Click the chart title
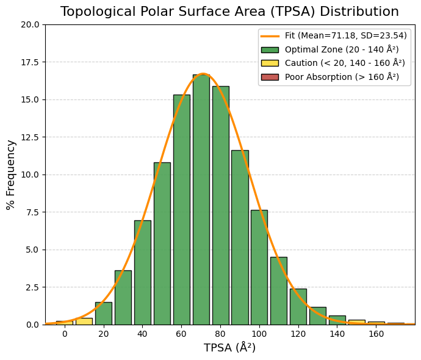229,12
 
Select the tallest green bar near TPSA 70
201,201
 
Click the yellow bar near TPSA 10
84,321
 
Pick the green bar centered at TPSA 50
162,244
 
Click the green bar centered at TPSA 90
240,238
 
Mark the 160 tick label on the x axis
376,334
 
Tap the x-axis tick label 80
220,334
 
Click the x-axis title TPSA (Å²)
229,348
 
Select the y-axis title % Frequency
11,175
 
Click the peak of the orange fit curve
203,74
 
